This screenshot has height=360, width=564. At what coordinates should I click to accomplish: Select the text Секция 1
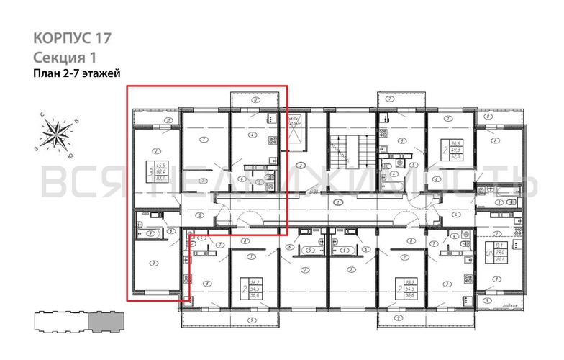tap(64, 56)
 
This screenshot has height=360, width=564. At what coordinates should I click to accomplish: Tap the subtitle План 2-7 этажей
tap(76, 73)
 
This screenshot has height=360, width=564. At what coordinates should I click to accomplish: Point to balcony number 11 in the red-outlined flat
tap(167, 119)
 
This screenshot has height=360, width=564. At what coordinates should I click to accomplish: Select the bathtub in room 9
tap(152, 233)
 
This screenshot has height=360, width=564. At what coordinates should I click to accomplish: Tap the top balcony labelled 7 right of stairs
tap(389, 101)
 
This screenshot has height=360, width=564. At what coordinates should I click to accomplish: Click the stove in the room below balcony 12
tap(271, 140)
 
